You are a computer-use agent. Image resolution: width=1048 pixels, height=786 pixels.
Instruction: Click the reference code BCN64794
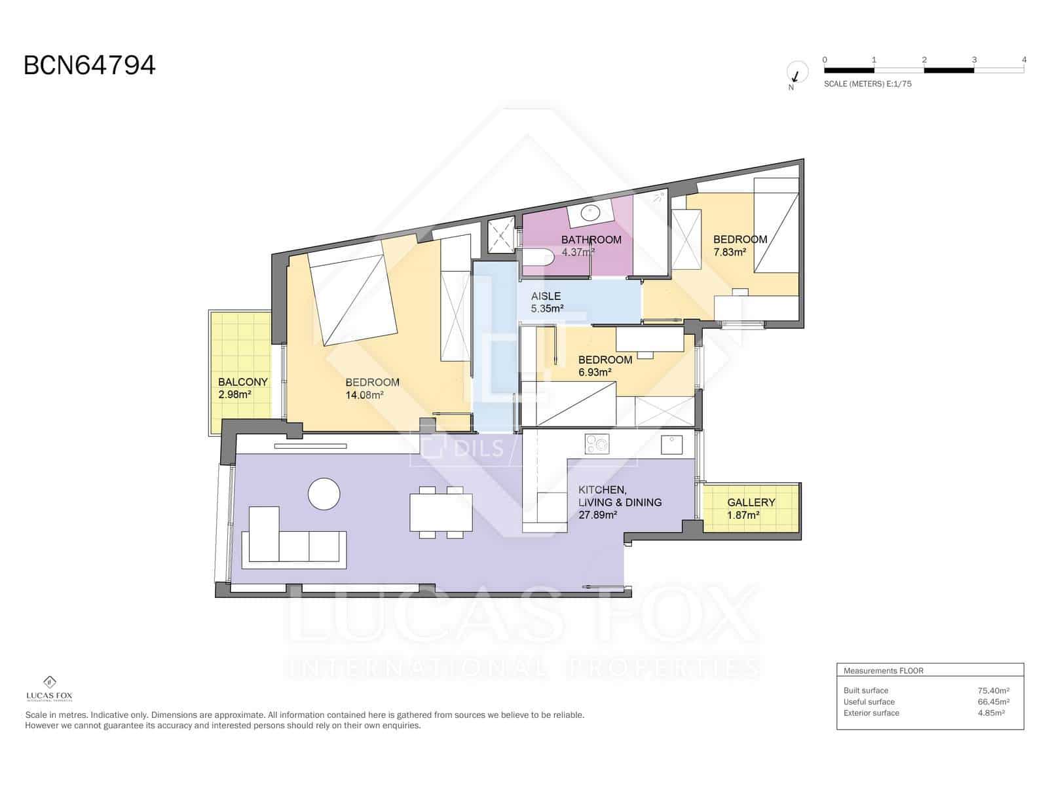[90, 65]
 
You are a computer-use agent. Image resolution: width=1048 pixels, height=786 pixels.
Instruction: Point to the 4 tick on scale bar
[1024, 60]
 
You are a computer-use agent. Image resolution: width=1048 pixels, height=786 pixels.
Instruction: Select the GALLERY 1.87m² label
[751, 508]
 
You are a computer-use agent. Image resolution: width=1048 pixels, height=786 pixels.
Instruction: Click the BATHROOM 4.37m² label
[591, 246]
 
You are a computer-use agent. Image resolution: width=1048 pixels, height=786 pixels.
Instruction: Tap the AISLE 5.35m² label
[547, 303]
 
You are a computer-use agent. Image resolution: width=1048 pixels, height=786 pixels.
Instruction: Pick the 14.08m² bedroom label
[371, 388]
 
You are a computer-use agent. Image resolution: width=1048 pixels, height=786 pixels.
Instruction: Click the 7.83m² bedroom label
[739, 246]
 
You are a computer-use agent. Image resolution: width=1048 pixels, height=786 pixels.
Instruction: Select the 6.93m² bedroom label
[605, 365]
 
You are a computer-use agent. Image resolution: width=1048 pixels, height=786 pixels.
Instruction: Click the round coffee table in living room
[324, 494]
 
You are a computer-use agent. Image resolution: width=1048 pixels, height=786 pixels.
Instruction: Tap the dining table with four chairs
[441, 512]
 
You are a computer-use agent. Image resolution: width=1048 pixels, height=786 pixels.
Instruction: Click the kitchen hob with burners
[597, 444]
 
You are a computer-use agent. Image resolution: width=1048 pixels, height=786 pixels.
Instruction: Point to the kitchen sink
[671, 445]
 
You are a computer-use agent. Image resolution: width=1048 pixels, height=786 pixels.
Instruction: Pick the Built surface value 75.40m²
[993, 690]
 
